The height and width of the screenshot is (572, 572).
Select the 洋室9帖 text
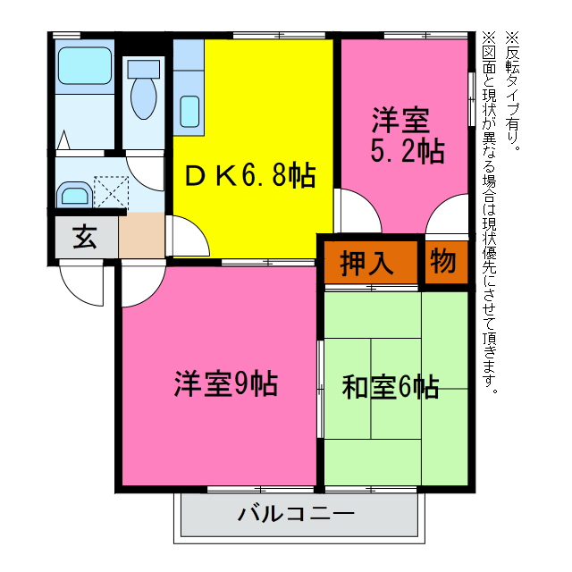point(224,383)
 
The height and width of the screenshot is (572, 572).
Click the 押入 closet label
point(366,263)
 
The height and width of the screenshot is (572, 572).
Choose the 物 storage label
point(443,262)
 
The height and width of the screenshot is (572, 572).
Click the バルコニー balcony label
point(296,515)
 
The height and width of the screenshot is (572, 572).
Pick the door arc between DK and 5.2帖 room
point(354,209)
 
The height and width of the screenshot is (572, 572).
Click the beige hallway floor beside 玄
point(139,236)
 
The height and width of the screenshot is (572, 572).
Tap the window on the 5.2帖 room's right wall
point(471,97)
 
